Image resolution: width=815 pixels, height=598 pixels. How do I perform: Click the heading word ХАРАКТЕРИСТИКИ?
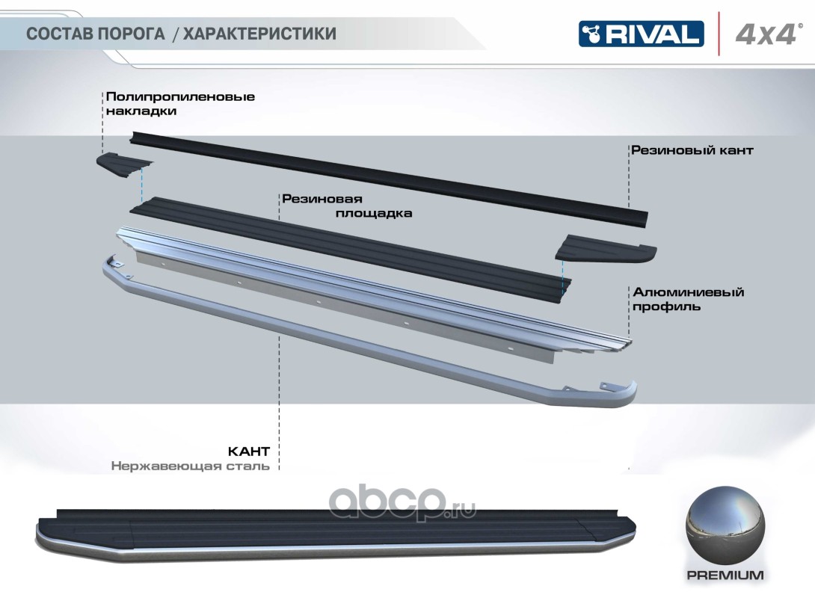259,34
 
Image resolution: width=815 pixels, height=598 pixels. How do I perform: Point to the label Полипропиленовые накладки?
180,104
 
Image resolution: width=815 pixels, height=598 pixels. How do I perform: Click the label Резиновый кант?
692,150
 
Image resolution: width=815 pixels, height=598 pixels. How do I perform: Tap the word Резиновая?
322,199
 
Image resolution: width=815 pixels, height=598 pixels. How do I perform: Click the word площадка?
372,213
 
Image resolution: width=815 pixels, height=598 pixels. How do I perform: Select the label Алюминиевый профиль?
688,299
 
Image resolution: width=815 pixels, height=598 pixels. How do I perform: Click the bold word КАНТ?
248,451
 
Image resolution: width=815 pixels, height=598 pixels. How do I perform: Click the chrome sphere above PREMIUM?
722,527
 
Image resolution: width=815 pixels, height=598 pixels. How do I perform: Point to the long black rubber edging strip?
389,175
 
